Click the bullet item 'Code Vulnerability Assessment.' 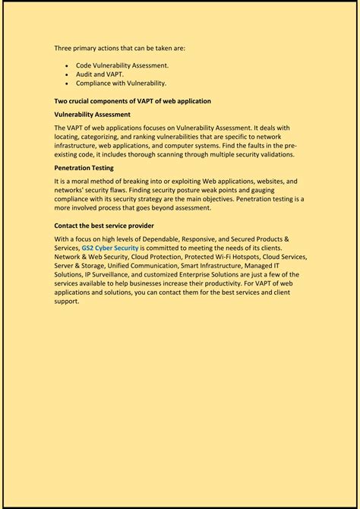pyautogui.click(x=122, y=65)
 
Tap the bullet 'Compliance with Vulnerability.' pyautogui.click(x=121, y=83)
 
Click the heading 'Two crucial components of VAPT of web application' pyautogui.click(x=132, y=101)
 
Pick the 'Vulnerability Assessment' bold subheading pyautogui.click(x=92, y=114)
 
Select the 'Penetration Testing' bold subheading pyautogui.click(x=84, y=167)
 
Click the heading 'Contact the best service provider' pyautogui.click(x=104, y=226)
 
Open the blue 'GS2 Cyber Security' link pyautogui.click(x=110, y=248)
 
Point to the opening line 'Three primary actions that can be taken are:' pyautogui.click(x=119, y=48)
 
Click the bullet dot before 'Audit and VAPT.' pyautogui.click(x=69, y=74)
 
